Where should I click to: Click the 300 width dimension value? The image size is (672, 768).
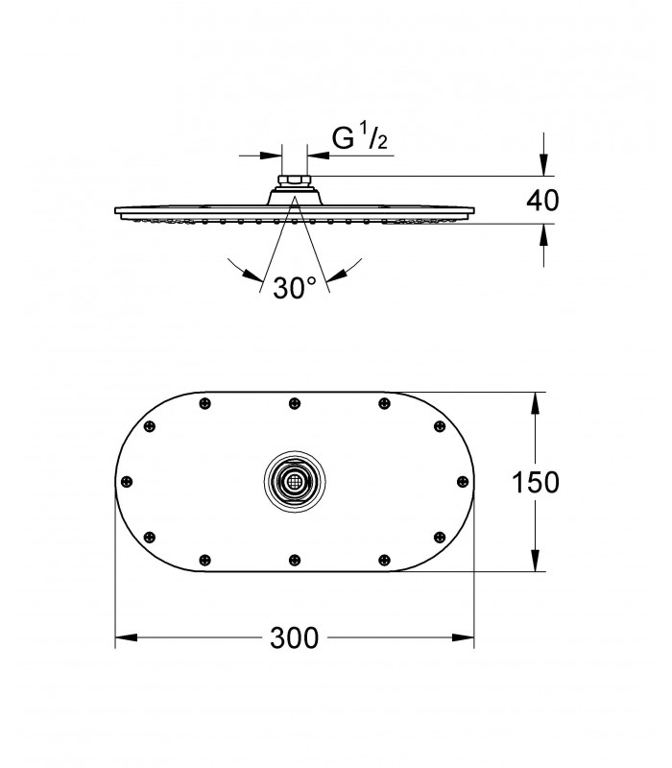click(x=295, y=637)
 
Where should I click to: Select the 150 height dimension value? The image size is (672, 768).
click(x=535, y=482)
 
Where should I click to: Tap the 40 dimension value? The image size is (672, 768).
click(x=542, y=201)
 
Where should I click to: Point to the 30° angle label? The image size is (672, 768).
click(x=295, y=287)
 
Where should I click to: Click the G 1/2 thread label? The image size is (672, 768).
click(x=360, y=137)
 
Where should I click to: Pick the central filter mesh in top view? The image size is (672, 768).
click(x=295, y=482)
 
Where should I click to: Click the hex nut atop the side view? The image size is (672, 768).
click(x=294, y=180)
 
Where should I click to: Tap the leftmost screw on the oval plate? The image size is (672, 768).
click(x=127, y=482)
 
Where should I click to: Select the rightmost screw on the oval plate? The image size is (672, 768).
click(x=463, y=482)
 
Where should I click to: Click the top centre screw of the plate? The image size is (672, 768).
click(x=295, y=403)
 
